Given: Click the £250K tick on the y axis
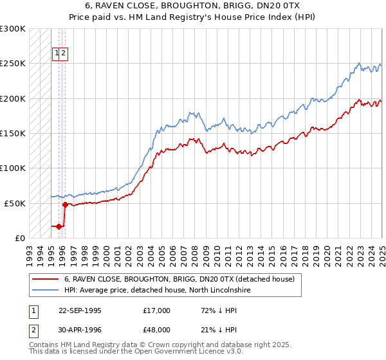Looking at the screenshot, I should [13, 64].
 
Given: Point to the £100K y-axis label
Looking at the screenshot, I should [13, 168].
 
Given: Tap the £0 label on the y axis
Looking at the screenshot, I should [20, 237].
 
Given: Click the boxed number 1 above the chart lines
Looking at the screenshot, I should [57, 53].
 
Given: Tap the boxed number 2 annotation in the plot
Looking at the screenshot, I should [64, 53].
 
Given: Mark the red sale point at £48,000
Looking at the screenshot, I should [65, 204].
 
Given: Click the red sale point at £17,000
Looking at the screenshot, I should [59, 226].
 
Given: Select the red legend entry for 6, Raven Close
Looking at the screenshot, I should [179, 279].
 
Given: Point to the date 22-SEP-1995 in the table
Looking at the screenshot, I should [80, 310].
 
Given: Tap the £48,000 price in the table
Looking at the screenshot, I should [157, 330].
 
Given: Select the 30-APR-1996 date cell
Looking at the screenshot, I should [80, 330].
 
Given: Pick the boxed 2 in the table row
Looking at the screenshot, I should [33, 330].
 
